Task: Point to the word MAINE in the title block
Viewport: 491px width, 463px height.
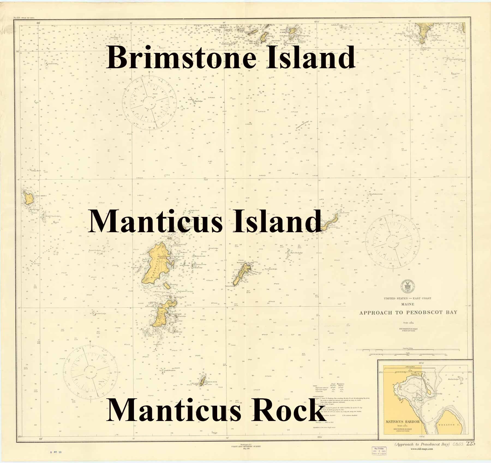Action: [408, 304]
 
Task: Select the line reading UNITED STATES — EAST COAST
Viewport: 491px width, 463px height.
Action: [408, 298]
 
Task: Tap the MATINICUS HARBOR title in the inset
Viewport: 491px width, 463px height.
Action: [402, 422]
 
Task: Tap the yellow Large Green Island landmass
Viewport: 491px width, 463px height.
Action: [28, 198]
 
